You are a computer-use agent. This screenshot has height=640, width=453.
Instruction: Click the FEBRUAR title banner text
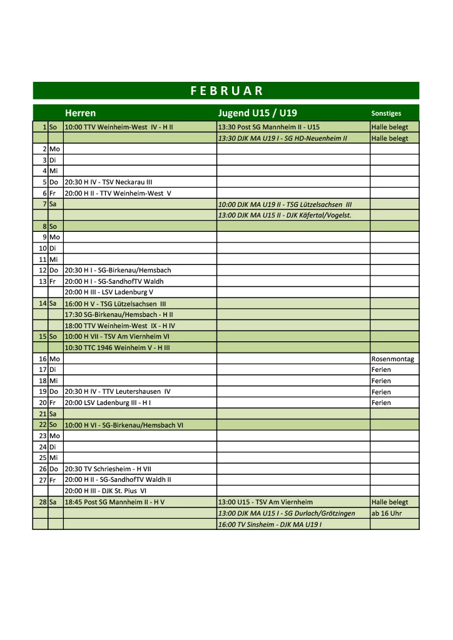click(226, 91)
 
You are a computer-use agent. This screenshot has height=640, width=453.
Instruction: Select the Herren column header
click(80, 113)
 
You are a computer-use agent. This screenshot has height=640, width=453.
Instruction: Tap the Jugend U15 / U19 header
click(257, 113)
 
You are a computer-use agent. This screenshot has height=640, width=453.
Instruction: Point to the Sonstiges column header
click(386, 114)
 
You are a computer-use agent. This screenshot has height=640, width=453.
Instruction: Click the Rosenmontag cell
click(392, 359)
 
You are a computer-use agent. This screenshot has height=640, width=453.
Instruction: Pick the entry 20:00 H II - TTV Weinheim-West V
click(118, 193)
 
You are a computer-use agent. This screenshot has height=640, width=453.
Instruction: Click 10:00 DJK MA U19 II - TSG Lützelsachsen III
click(285, 204)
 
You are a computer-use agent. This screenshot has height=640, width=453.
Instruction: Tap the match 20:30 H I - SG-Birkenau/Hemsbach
click(118, 270)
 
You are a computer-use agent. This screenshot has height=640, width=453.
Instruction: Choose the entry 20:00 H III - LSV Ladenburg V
click(109, 292)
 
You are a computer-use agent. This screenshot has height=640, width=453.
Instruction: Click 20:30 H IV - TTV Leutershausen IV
click(118, 392)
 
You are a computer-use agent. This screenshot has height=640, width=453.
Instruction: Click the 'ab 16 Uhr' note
click(387, 513)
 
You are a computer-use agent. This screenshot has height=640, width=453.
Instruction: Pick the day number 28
click(43, 502)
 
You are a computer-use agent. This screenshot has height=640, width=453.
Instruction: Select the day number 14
click(43, 303)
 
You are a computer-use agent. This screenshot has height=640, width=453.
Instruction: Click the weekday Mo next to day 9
click(54, 237)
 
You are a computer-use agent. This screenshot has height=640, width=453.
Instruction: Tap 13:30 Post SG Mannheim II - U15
click(268, 127)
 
